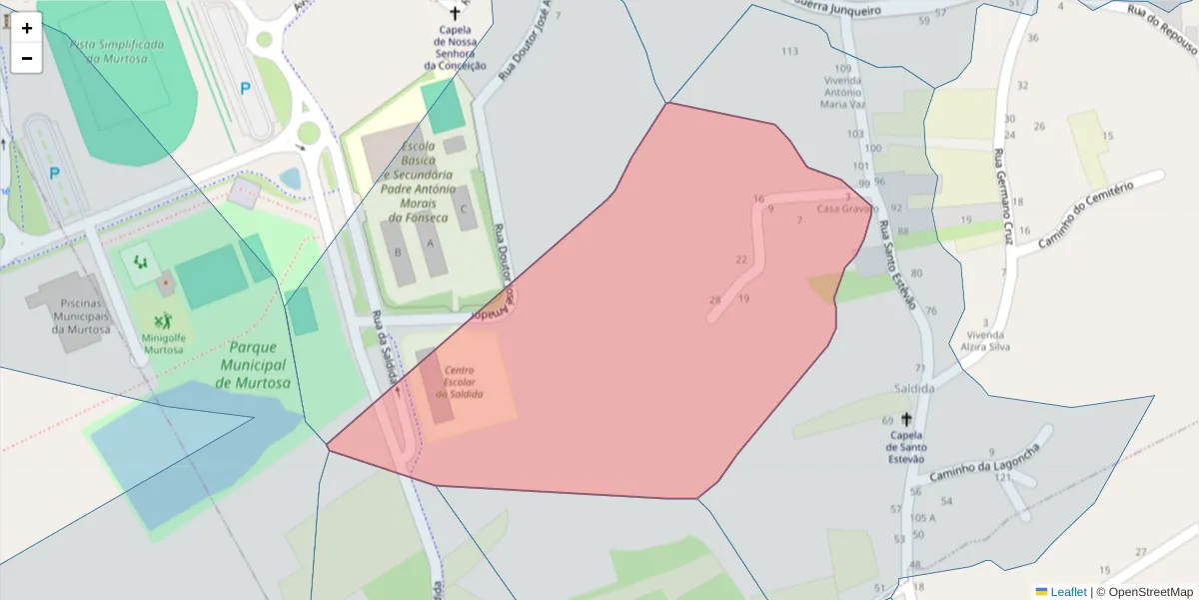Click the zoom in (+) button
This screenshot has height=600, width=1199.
tap(27, 28)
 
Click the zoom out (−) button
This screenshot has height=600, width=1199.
tap(27, 58)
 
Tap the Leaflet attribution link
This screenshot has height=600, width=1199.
tap(1067, 592)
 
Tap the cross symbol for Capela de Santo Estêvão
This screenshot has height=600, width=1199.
tap(907, 419)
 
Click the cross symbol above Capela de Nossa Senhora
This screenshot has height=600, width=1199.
tap(456, 13)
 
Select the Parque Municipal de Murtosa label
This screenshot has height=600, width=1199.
tap(254, 365)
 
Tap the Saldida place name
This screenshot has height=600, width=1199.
tap(914, 388)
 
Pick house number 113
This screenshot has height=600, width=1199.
tap(790, 51)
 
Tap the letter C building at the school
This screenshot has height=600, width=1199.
tap(463, 209)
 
